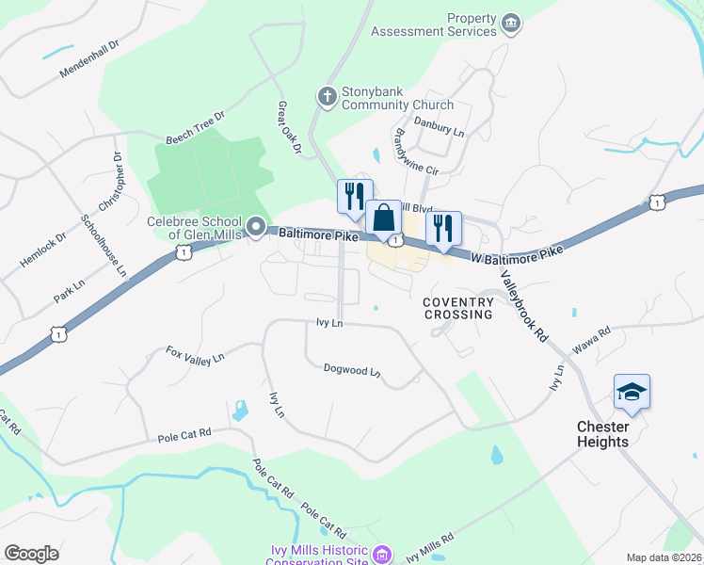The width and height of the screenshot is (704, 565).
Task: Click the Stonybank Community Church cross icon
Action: pyautogui.click(x=327, y=95)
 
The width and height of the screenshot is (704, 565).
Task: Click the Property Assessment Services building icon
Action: pyautogui.click(x=511, y=23)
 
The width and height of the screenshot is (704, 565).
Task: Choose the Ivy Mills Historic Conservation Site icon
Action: pyautogui.click(x=381, y=555)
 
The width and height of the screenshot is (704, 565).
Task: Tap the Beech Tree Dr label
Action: pyautogui.click(x=196, y=128)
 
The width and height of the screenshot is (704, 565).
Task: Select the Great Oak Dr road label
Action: pyautogui.click(x=288, y=128)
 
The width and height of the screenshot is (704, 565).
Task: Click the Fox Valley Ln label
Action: pyautogui.click(x=195, y=354)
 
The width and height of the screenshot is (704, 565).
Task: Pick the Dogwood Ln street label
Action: pyautogui.click(x=351, y=371)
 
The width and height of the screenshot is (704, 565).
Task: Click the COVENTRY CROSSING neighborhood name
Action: pyautogui.click(x=458, y=308)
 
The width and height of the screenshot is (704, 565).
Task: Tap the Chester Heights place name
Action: pyautogui.click(x=602, y=434)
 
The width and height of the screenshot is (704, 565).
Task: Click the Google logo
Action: pyautogui.click(x=31, y=553)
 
